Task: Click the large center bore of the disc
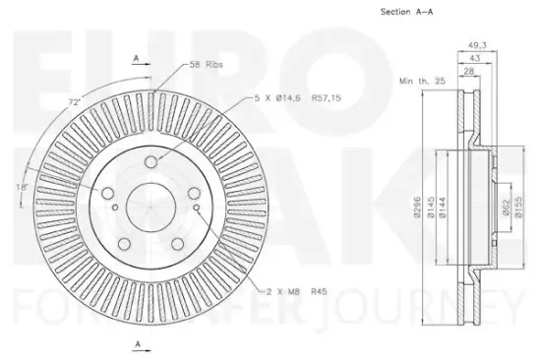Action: (x=155, y=205)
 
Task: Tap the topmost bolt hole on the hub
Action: (x=150, y=162)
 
